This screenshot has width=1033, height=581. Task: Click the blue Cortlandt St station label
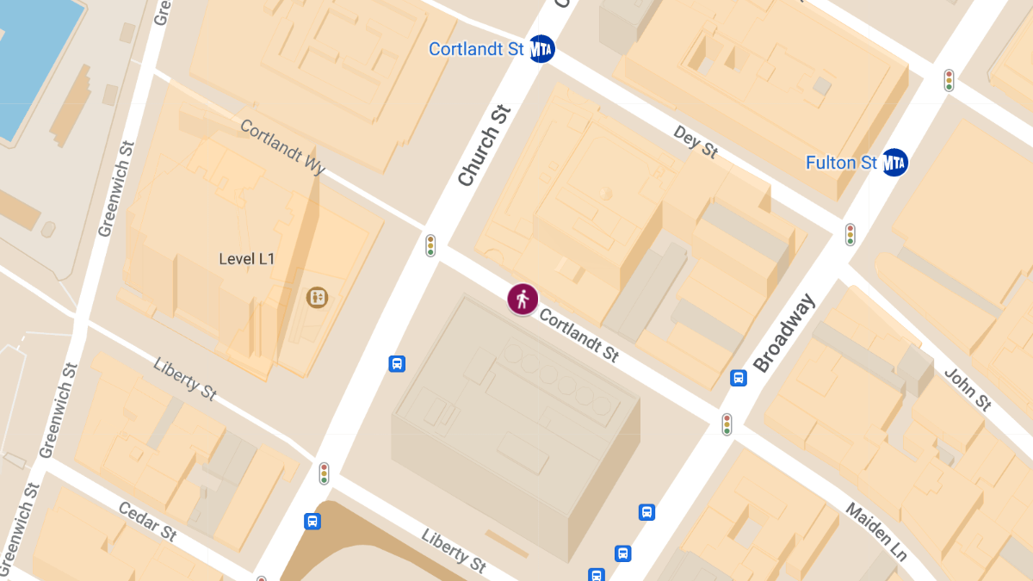[476, 49]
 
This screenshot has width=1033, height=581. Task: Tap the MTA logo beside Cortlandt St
[541, 49]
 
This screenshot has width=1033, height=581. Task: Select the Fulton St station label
[841, 162]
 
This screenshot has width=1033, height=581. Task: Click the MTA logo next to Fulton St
[895, 162]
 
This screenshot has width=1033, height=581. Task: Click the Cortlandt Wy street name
[282, 147]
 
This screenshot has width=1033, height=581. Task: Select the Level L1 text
[246, 258]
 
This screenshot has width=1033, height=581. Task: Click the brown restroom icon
[318, 298]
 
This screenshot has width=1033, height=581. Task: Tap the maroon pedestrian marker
[523, 299]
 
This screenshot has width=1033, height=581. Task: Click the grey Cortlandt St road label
[578, 336]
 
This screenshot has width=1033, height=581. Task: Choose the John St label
[967, 389]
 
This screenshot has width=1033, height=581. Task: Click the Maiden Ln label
[876, 531]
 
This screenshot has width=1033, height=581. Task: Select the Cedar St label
[147, 522]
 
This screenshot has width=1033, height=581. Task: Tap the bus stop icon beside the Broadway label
[739, 378]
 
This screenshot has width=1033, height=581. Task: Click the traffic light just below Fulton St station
[850, 234]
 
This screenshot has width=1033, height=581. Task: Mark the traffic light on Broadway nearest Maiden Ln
[727, 423]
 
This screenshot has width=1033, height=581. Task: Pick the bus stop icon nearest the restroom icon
[397, 363]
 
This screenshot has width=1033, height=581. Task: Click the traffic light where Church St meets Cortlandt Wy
[430, 245]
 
